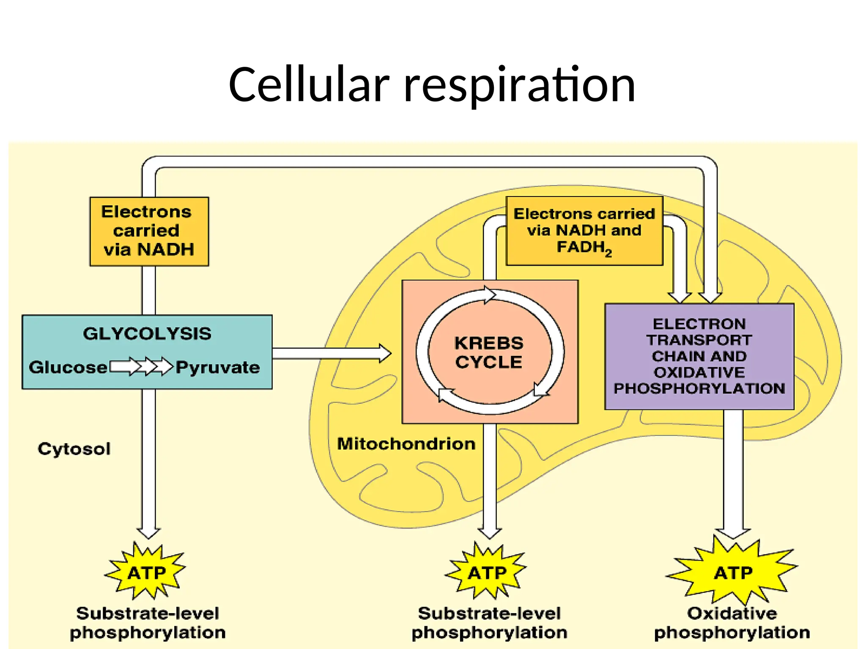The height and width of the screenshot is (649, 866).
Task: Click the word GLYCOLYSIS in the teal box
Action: point(147,334)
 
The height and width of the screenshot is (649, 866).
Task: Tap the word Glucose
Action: point(68,367)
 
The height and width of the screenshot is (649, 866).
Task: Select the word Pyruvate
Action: point(218,367)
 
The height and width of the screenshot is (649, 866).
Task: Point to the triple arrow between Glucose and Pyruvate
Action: point(142,366)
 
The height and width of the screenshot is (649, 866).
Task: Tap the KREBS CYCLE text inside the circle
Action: point(489,352)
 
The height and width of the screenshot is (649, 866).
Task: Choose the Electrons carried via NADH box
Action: point(149,231)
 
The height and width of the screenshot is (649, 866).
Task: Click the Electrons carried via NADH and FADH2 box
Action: point(584,231)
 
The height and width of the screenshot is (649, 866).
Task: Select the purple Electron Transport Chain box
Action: point(699,356)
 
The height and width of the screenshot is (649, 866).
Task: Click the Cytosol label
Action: point(74,449)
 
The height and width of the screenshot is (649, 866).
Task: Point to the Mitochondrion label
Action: point(406,444)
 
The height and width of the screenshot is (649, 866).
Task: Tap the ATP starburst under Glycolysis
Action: point(146,573)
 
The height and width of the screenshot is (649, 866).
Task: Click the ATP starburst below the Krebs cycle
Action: point(487,573)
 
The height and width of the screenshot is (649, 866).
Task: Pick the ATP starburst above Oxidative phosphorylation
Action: point(733,573)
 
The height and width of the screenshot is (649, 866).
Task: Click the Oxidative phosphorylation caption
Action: point(732,623)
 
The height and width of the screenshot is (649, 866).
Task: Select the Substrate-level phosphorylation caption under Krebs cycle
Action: point(489,623)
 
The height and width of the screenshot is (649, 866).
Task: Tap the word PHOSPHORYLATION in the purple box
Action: point(699,388)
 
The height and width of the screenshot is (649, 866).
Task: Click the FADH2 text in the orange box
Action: point(584,247)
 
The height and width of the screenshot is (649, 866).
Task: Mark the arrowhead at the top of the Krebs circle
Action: point(489,294)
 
